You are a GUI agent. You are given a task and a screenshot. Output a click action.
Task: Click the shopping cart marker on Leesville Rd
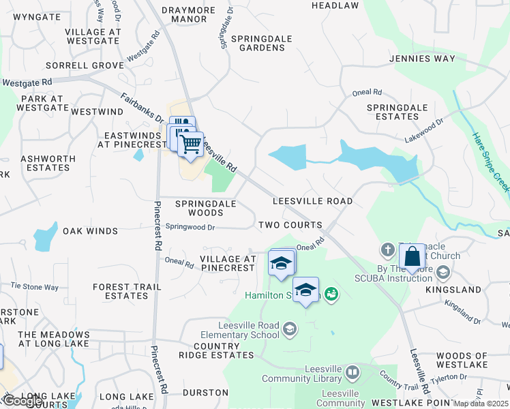[x=191, y=143]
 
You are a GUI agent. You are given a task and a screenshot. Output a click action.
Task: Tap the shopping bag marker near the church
[x=412, y=258]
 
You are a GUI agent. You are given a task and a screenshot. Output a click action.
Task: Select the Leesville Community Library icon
[x=352, y=372]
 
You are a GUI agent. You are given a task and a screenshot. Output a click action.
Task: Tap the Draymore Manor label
[x=189, y=15]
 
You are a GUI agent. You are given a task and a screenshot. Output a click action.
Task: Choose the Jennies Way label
[x=422, y=59]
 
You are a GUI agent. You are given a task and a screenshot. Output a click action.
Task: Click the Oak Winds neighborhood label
[x=91, y=231]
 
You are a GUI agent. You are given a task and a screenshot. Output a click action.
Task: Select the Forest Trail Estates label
[x=121, y=291]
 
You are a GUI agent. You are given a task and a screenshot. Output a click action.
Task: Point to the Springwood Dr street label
[x=190, y=227]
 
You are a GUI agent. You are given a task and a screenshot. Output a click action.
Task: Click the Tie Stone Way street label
[x=34, y=287]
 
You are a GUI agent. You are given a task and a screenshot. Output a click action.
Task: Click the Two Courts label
[x=290, y=225]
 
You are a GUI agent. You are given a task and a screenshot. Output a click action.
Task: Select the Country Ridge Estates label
[x=209, y=350]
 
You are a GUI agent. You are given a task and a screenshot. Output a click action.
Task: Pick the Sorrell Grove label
[x=85, y=65]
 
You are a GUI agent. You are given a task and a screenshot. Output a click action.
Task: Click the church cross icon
[x=387, y=249]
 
